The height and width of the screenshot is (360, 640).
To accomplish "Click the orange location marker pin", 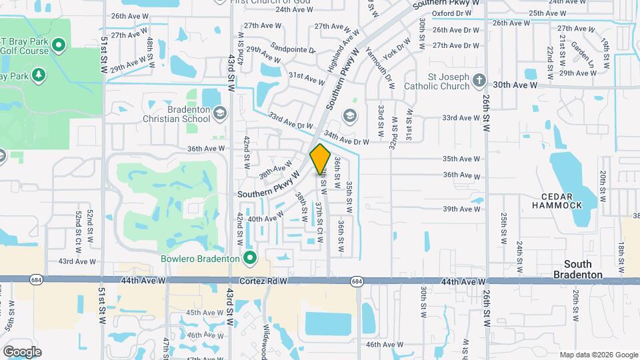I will pyautogui.click(x=320, y=159).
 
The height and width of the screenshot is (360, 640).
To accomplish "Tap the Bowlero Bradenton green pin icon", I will pyautogui.click(x=250, y=257).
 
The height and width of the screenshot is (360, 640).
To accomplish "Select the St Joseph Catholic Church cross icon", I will pyautogui.click(x=479, y=81).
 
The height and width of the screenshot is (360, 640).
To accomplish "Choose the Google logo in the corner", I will pyautogui.click(x=22, y=351).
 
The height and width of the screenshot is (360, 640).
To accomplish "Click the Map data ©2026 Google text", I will pyautogui.click(x=598, y=355).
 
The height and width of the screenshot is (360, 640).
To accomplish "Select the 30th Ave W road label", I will pyautogui.click(x=515, y=85).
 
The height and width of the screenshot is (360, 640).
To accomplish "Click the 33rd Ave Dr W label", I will pyautogui.click(x=291, y=121).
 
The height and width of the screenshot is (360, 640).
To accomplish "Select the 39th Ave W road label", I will pyautogui.click(x=461, y=209).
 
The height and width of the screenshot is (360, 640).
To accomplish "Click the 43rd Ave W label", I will pyautogui.click(x=77, y=262).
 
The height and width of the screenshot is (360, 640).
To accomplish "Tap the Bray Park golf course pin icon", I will pyautogui.click(x=58, y=45).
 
